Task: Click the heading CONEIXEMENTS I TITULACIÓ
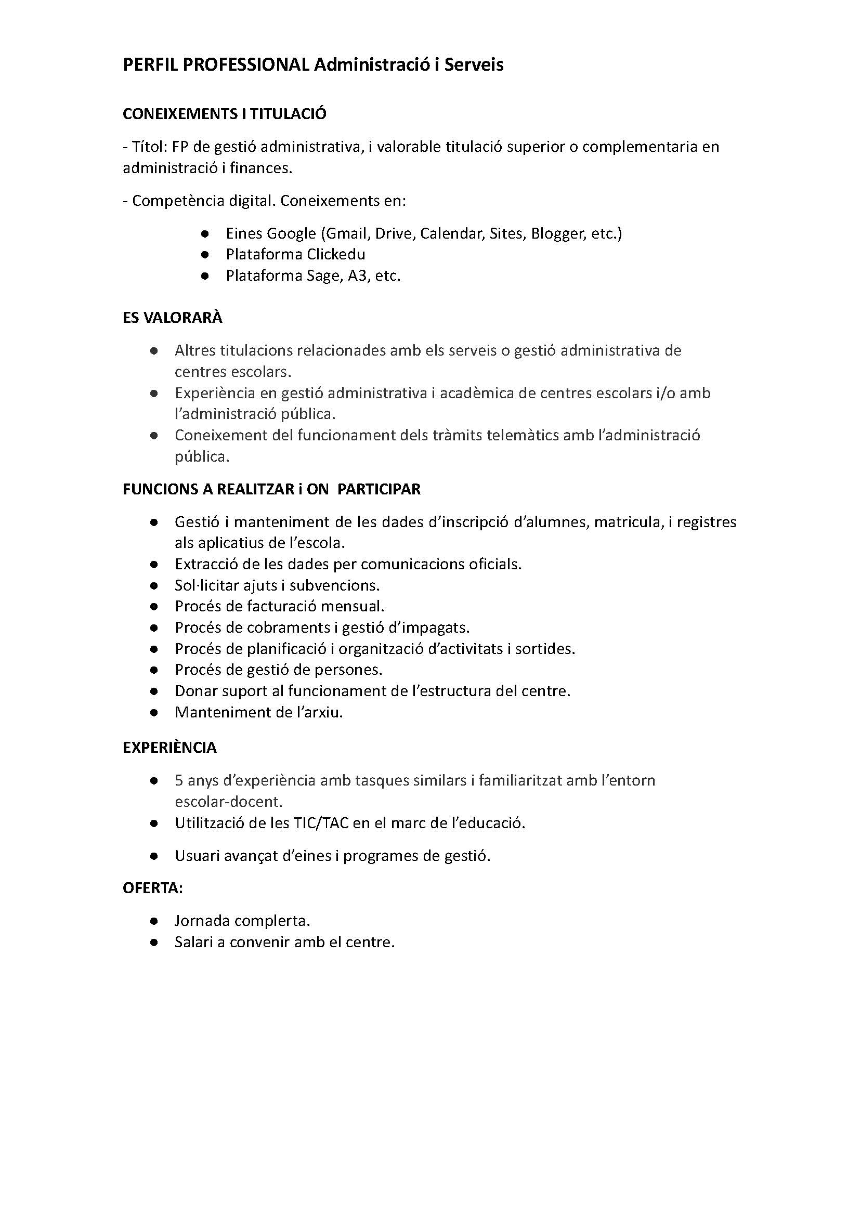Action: [x=224, y=114]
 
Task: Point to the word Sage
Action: [x=322, y=276]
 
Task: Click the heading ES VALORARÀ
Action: [x=172, y=318]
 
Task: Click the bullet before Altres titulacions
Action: [x=154, y=351]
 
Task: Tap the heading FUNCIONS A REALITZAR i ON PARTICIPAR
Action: [x=271, y=489]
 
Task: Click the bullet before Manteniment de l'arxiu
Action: [x=154, y=713]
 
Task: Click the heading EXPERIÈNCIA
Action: [x=169, y=748]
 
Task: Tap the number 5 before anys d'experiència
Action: [x=179, y=781]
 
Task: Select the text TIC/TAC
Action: [x=321, y=823]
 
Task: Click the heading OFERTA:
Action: [x=153, y=888]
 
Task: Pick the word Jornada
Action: [x=202, y=921]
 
